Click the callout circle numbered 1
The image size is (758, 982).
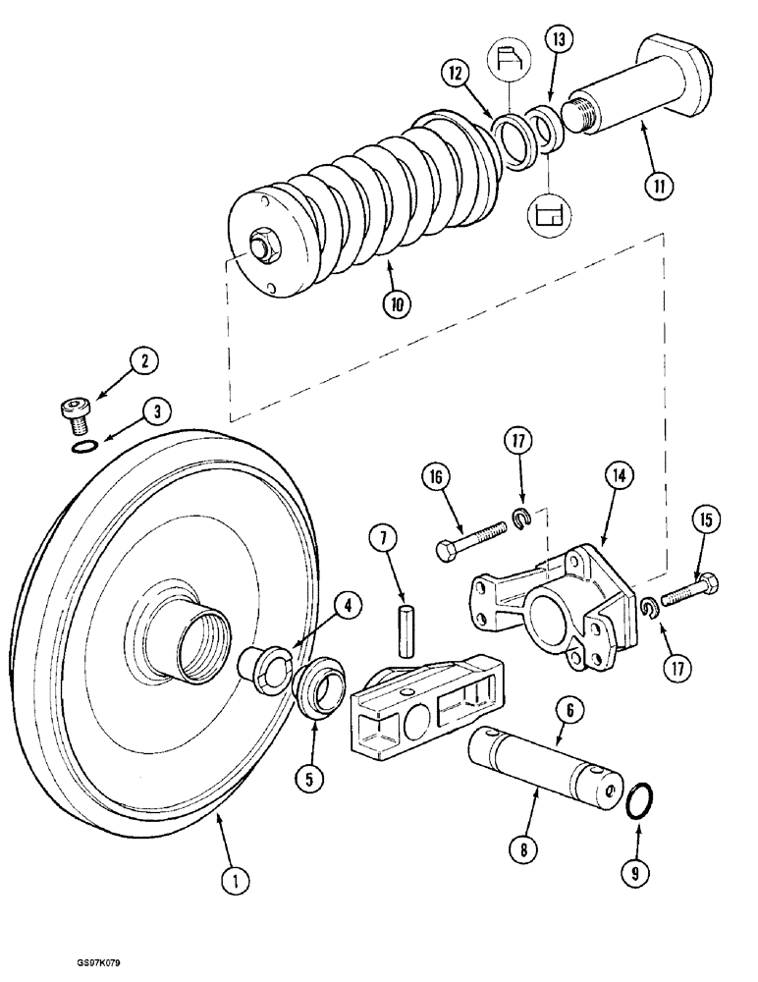[x=234, y=881]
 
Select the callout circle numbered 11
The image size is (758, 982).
[x=659, y=185]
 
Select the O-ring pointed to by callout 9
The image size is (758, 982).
[x=638, y=799]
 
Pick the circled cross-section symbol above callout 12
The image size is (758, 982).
[x=511, y=61]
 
